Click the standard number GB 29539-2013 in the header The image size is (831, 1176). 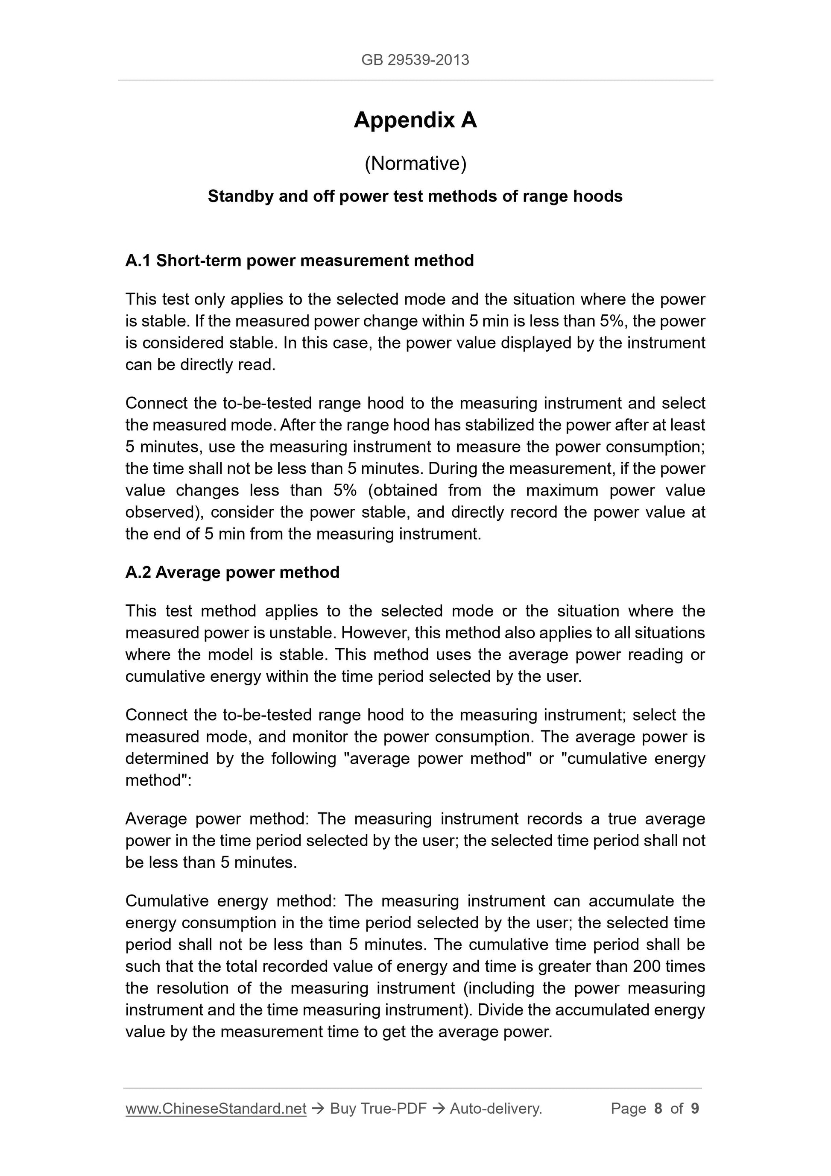(x=415, y=60)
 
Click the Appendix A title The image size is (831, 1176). (x=415, y=120)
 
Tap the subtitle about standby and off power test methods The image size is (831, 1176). (x=415, y=196)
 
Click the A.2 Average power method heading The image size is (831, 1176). (x=232, y=572)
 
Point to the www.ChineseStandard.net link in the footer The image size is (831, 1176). (x=216, y=1109)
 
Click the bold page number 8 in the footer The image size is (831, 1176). (x=658, y=1109)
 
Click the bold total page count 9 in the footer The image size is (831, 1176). (x=695, y=1109)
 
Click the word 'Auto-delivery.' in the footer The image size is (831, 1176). (x=496, y=1109)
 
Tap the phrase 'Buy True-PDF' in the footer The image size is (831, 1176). (x=378, y=1109)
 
